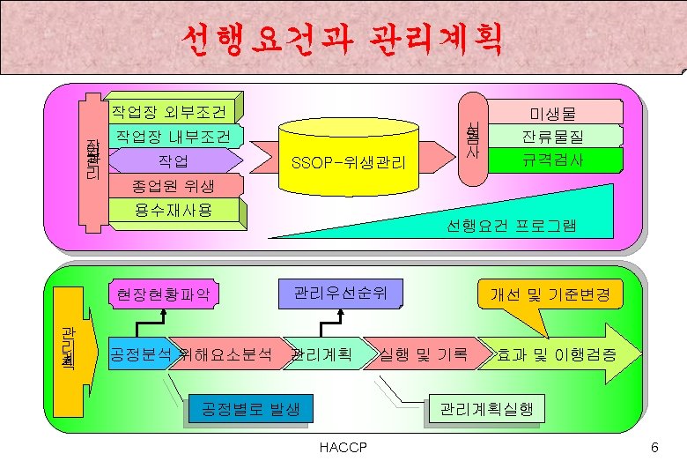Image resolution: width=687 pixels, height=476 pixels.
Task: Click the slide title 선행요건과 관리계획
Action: tap(343, 38)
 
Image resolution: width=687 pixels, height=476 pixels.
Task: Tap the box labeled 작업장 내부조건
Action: tap(174, 137)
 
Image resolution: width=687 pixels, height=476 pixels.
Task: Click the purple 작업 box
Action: tap(173, 161)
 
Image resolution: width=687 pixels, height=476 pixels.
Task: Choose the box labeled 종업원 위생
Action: tap(173, 186)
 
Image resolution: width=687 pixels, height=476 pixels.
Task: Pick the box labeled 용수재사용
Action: tap(173, 210)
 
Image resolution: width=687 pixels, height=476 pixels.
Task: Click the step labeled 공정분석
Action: tap(139, 354)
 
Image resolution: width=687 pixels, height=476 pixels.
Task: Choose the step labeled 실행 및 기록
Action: tap(423, 354)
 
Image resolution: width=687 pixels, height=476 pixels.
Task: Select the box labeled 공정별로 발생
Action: tap(251, 409)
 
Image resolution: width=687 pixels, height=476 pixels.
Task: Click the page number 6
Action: tap(654, 449)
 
